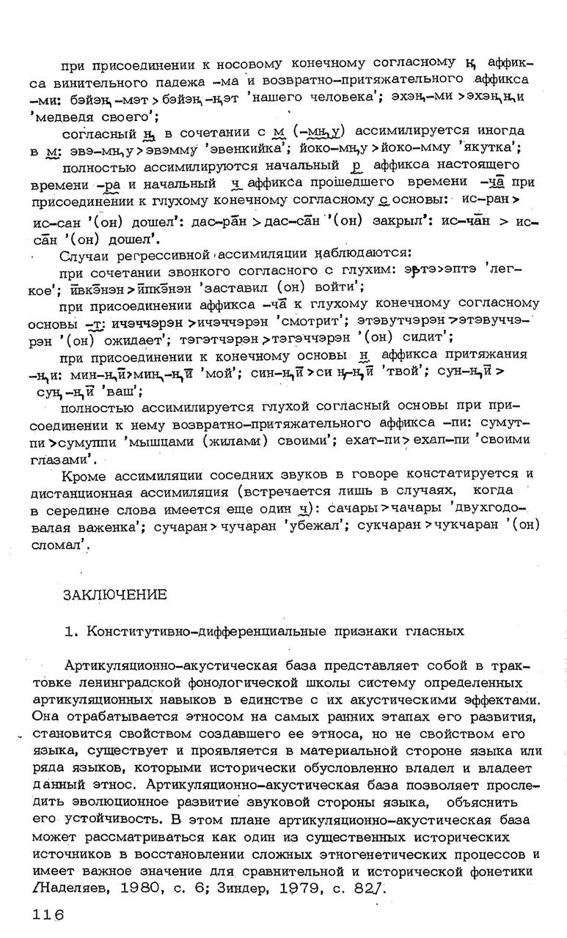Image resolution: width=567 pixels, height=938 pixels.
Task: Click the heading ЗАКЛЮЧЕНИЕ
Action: (115, 594)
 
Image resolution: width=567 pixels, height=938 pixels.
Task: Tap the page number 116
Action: (48, 914)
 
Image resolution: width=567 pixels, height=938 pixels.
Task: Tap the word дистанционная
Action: (78, 492)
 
